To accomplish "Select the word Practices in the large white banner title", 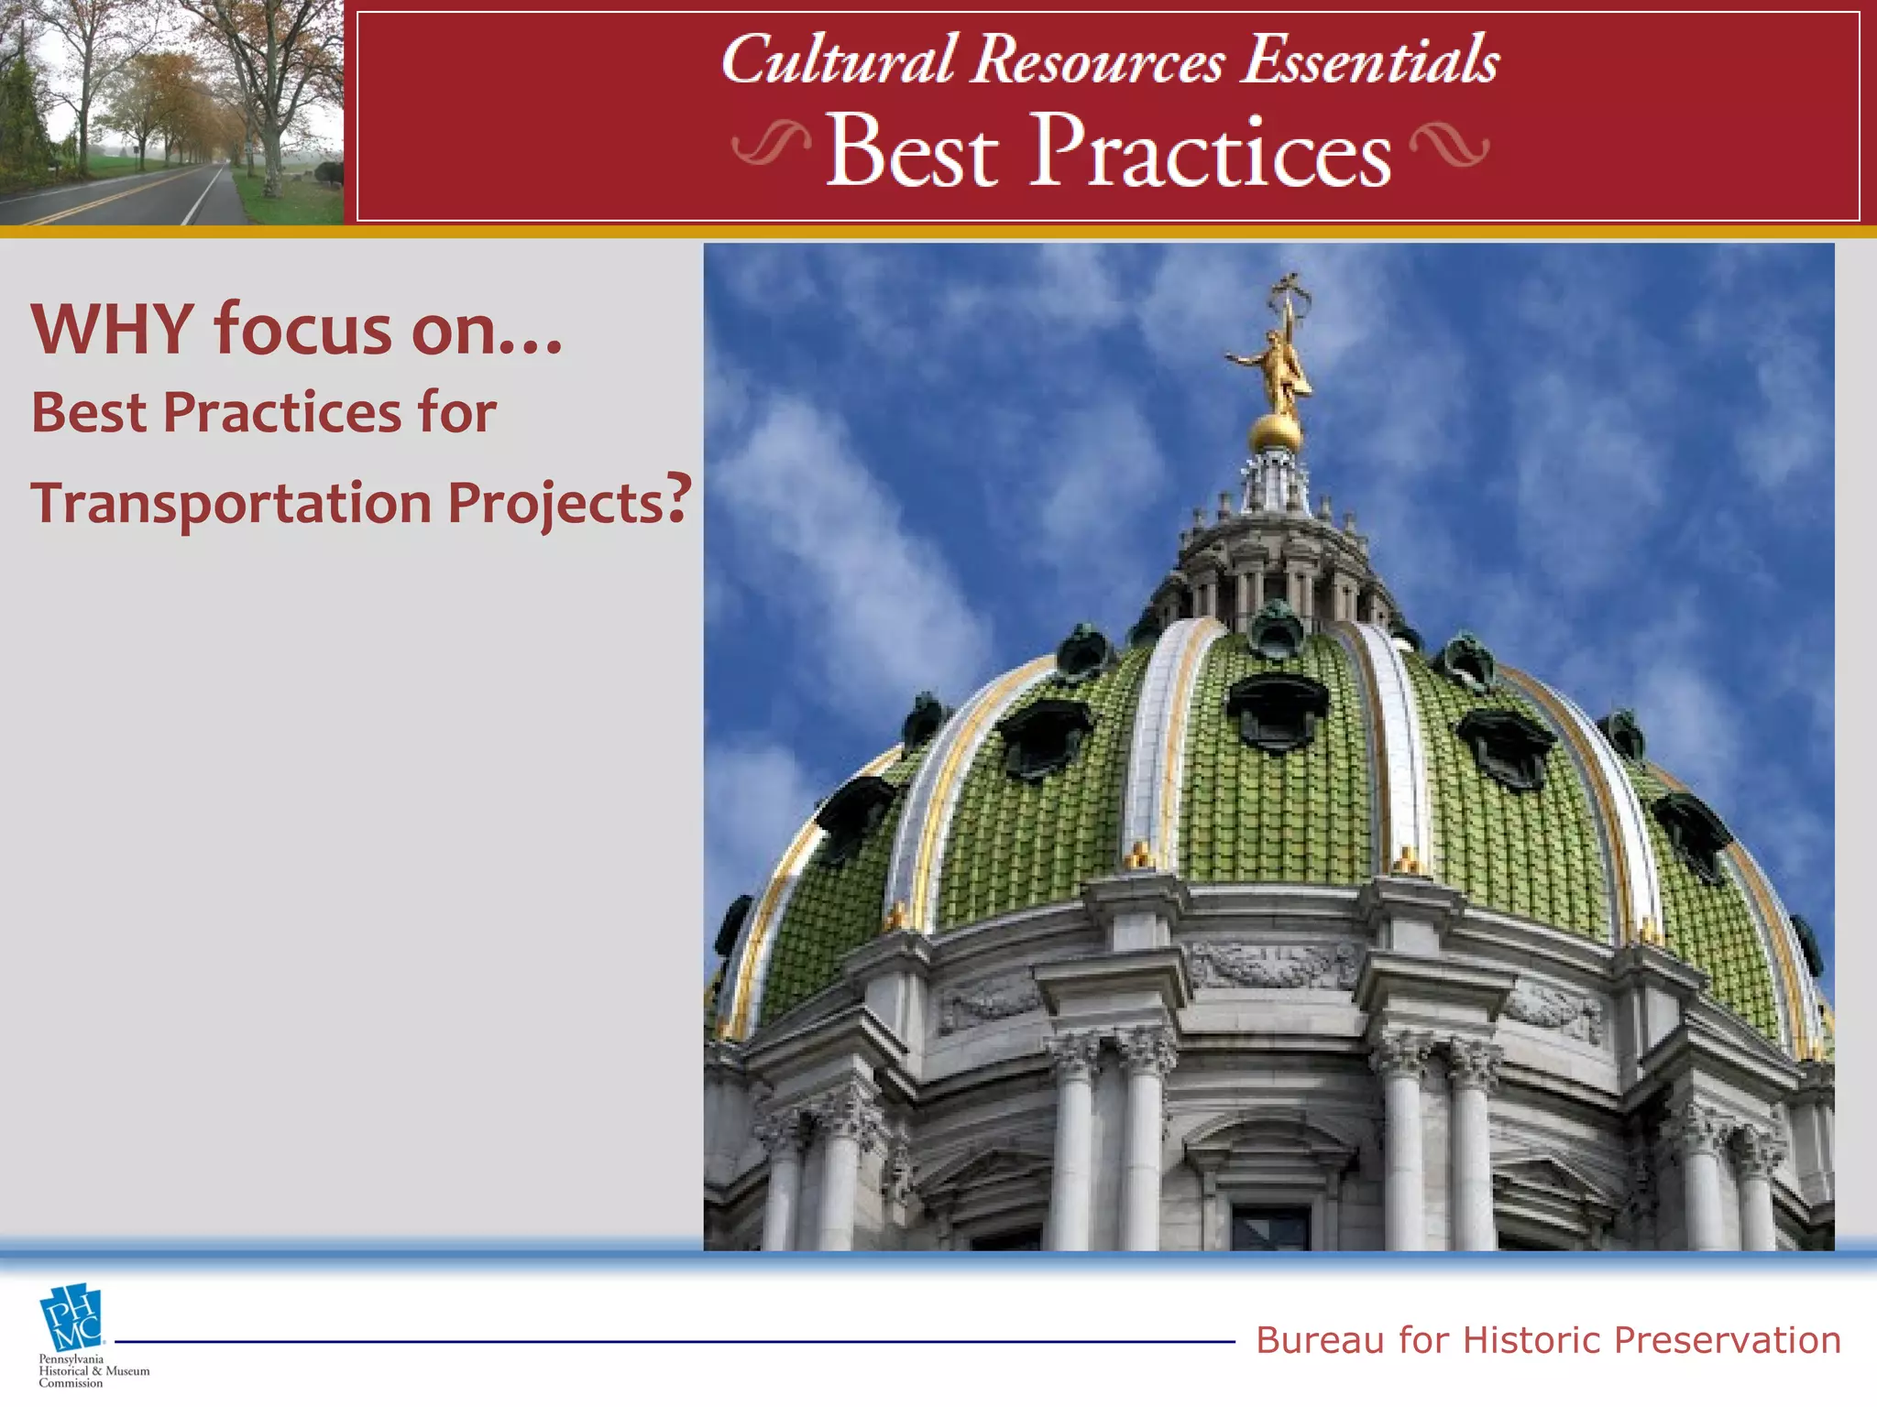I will tap(1210, 151).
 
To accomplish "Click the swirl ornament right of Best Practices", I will tap(1449, 146).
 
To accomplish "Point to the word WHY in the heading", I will tap(113, 329).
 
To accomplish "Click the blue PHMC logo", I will tap(71, 1318).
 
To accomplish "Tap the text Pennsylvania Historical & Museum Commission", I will tap(92, 1371).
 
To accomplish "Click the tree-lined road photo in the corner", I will tap(171, 112).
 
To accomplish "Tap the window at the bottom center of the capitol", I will tap(1270, 1227).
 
